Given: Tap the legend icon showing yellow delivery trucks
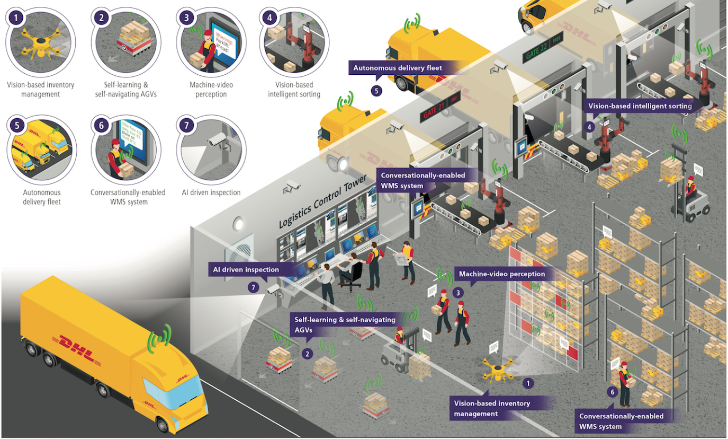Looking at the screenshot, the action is click(x=41, y=147).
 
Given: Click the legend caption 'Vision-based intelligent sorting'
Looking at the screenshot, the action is click(x=294, y=90).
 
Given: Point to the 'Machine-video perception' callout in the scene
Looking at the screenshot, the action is click(x=500, y=274).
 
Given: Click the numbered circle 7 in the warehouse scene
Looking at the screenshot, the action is click(x=254, y=287).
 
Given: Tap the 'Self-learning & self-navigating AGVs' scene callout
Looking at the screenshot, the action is click(x=344, y=324).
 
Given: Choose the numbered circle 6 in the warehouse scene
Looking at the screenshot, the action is click(x=613, y=392).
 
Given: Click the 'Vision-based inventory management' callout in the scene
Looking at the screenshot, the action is click(x=492, y=408).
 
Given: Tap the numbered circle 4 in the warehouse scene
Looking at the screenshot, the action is click(x=590, y=127).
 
